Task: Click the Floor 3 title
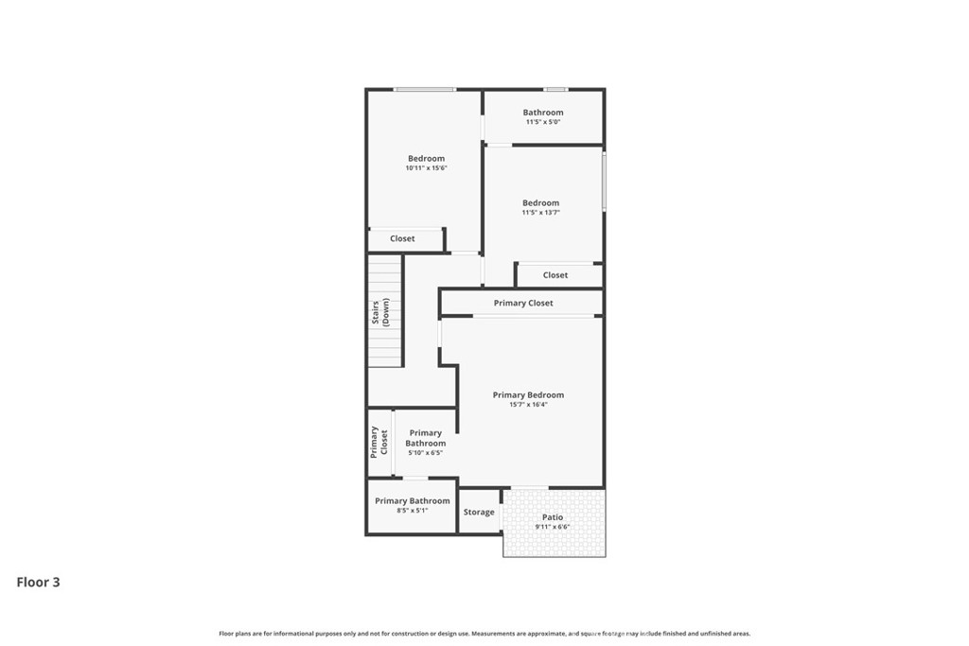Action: click(38, 582)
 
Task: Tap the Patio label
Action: click(553, 517)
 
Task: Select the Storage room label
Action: click(479, 512)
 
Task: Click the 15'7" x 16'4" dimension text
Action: click(528, 405)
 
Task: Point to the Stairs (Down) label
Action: click(380, 312)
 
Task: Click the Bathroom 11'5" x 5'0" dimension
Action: click(543, 122)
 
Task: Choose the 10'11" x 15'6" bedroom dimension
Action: click(426, 168)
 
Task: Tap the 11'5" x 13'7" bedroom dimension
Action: click(540, 213)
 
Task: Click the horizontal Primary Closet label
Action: click(523, 304)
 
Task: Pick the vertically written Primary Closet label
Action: click(379, 443)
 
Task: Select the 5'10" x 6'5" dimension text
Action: click(425, 453)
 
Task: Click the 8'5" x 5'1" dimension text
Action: click(413, 511)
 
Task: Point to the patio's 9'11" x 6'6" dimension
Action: click(553, 527)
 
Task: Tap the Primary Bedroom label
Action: click(528, 395)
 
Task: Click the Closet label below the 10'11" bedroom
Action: click(402, 239)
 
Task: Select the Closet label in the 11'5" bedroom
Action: click(555, 275)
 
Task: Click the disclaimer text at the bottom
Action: click(484, 634)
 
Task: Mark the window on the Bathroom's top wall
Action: click(555, 90)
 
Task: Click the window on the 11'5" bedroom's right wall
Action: click(604, 182)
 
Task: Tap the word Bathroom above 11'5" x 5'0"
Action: click(543, 113)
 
